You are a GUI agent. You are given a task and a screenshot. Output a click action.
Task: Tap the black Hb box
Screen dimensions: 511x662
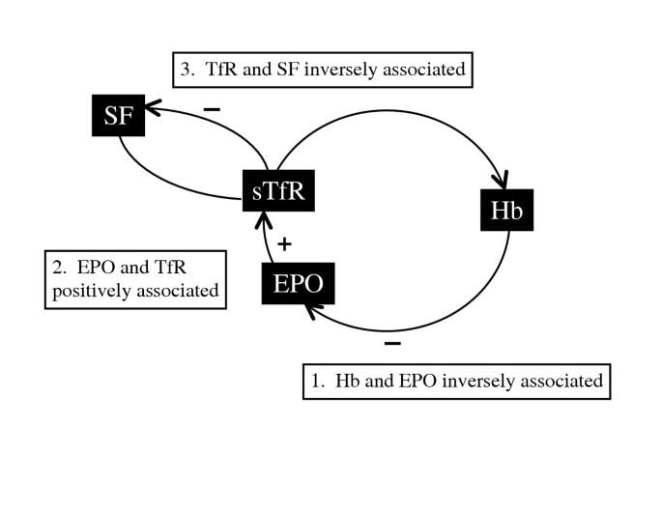(x=507, y=211)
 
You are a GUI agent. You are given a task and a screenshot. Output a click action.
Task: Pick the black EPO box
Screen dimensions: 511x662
(x=300, y=285)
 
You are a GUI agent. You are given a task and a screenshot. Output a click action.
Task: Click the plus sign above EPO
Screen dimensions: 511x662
(x=284, y=243)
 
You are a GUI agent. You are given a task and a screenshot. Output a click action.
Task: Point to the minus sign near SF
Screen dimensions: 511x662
(x=212, y=109)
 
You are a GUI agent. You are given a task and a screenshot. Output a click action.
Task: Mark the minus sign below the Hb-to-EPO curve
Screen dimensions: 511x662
(x=391, y=343)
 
